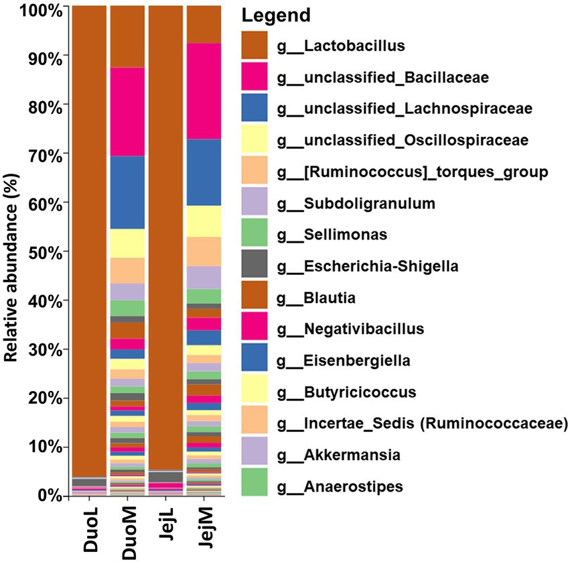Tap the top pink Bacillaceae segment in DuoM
(127, 111)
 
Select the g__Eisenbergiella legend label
(350, 360)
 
